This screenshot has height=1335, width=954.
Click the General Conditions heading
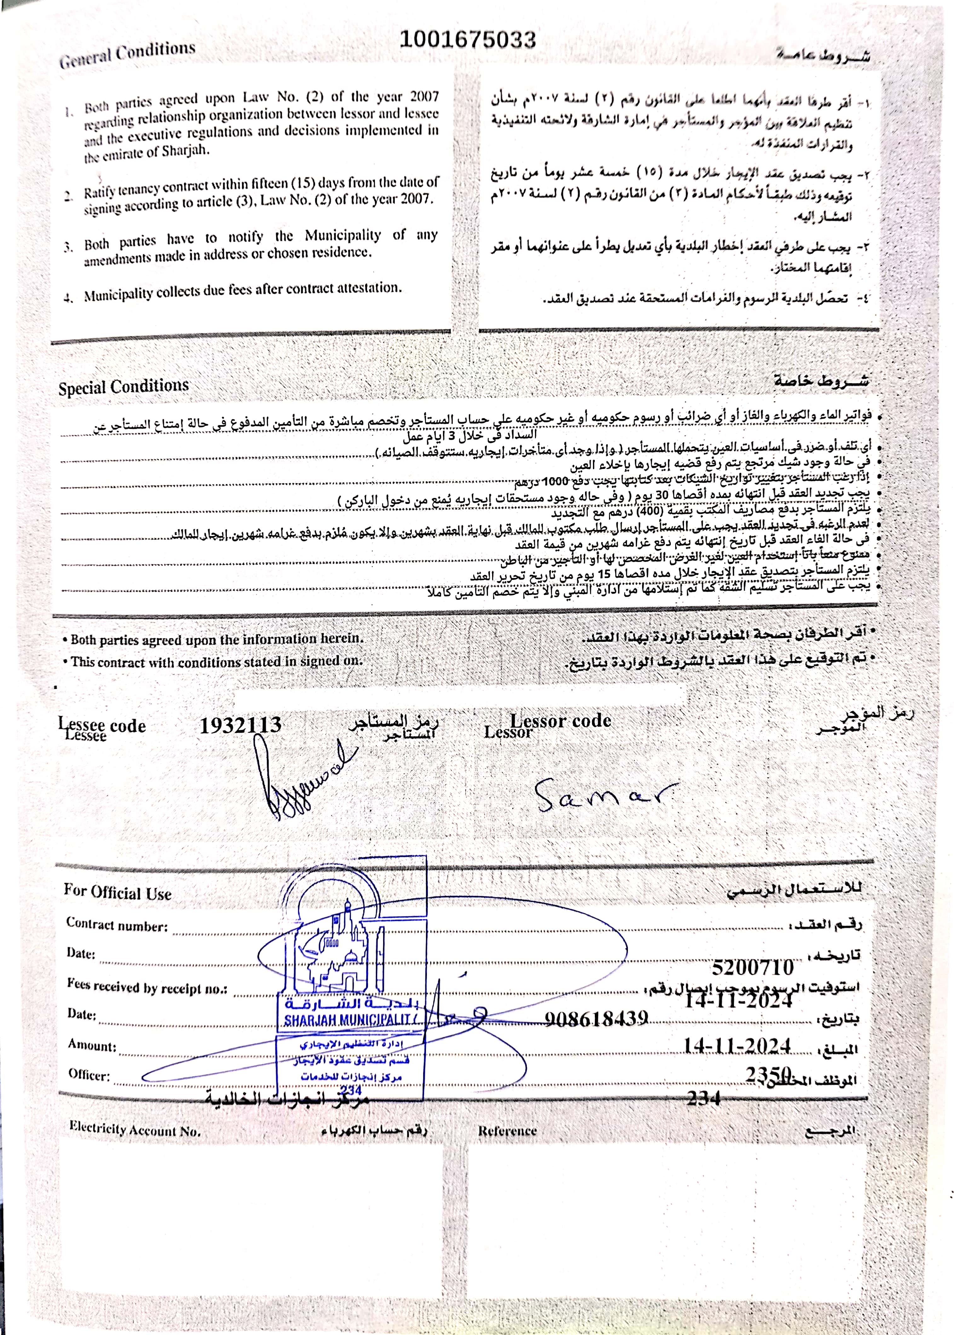127,54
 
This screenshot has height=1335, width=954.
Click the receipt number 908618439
596,1018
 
